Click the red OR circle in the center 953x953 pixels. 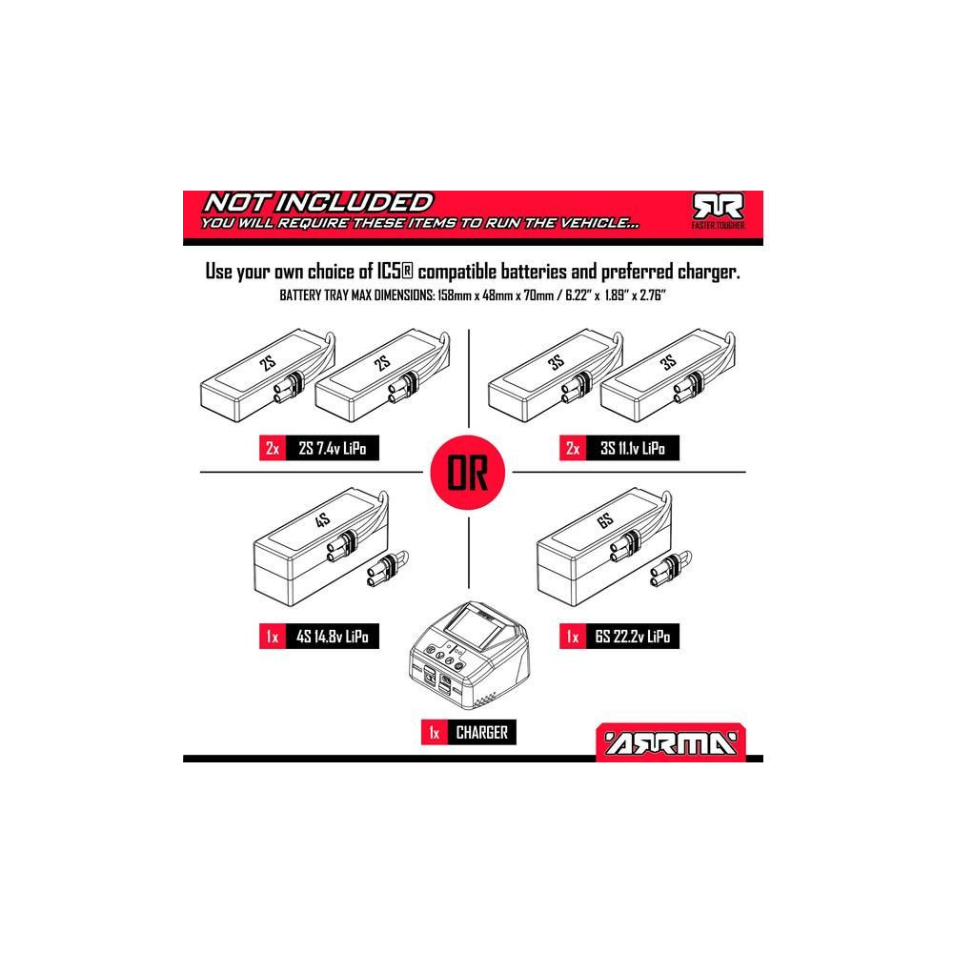(468, 473)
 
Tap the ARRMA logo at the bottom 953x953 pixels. (671, 741)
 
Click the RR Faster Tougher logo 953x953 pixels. (719, 211)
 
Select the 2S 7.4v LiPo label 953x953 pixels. (333, 449)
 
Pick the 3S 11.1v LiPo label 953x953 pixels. (633, 449)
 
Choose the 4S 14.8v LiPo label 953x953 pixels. (333, 637)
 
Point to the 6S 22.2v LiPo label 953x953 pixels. (633, 637)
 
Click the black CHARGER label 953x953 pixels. (482, 732)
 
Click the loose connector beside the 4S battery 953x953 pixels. (388, 568)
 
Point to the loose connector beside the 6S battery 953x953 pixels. (671, 568)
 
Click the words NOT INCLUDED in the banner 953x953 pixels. (318, 202)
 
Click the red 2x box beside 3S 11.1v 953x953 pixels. (573, 449)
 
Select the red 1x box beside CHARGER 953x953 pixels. (435, 732)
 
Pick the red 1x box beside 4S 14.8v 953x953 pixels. (273, 637)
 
